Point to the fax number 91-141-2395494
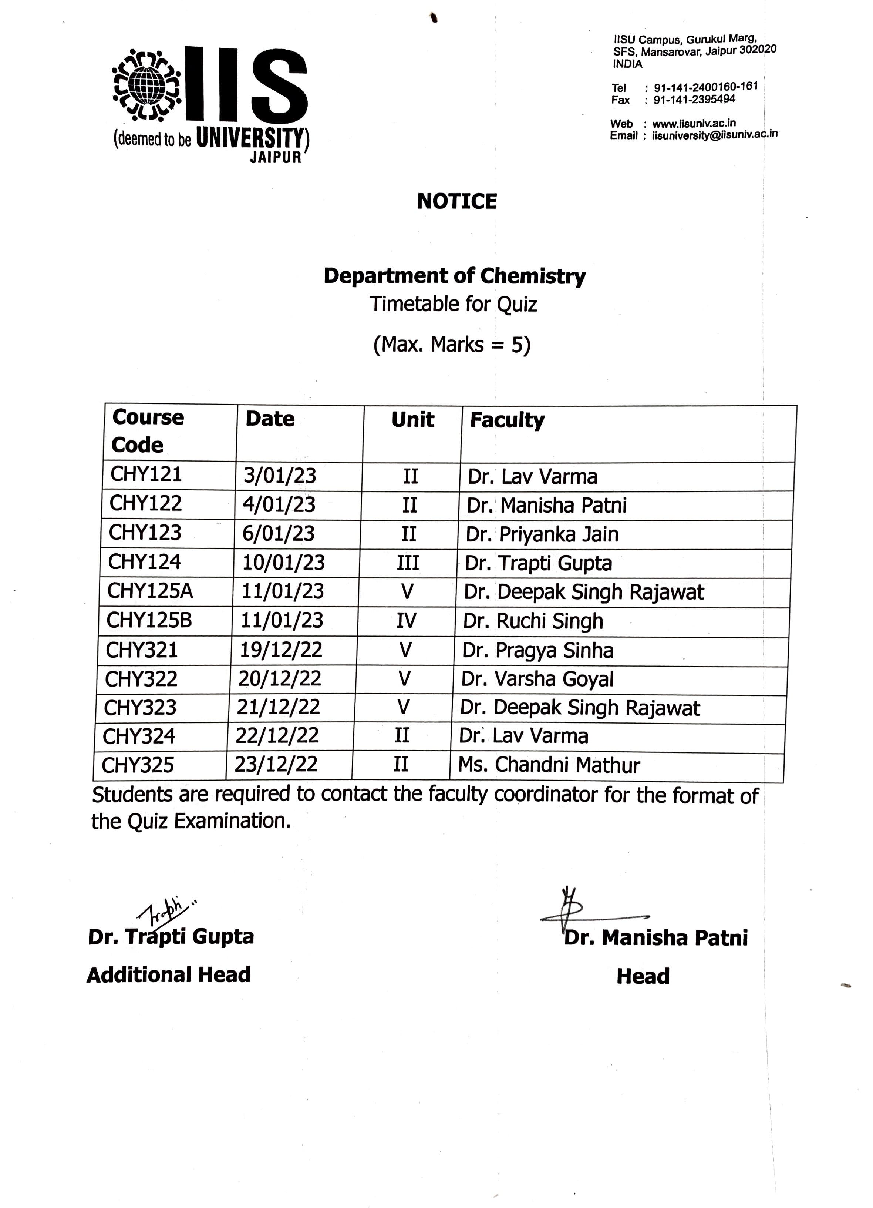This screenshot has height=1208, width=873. pos(694,100)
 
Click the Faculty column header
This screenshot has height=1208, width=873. pos(507,420)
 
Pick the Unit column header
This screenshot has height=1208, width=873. pos(412,420)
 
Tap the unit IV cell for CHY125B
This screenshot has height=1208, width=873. pos(406,621)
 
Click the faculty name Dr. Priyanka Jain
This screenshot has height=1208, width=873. pos(542,534)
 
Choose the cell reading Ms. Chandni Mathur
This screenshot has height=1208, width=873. pos(549,765)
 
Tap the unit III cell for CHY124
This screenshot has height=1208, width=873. pos(408,563)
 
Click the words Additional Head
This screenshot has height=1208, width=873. pos(168,975)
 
